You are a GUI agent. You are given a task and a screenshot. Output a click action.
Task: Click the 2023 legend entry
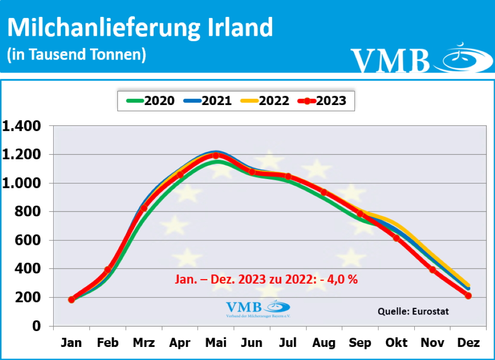323,101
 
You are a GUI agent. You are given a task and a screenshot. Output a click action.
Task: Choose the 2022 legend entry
265,101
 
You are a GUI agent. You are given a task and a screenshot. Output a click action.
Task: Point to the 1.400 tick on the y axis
24,126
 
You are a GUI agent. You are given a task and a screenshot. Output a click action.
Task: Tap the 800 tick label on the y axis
31,211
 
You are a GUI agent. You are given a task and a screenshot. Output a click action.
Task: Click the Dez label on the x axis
468,343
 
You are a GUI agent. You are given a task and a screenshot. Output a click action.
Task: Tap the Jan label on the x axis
72,343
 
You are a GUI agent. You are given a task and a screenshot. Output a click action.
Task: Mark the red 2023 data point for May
216,155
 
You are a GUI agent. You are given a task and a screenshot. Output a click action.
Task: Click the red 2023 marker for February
108,270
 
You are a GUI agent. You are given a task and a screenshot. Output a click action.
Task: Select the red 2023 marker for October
396,238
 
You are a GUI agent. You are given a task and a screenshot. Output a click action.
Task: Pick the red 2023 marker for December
468,296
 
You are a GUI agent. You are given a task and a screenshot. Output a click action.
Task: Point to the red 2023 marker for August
324,193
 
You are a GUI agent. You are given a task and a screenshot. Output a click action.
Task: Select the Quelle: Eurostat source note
413,311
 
